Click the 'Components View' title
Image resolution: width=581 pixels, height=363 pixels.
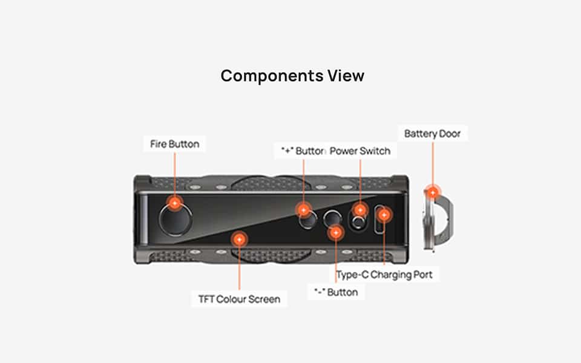292,76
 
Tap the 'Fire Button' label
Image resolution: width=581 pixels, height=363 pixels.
174,144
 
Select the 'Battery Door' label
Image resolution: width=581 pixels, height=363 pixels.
432,133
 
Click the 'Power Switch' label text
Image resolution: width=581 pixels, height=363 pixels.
360,151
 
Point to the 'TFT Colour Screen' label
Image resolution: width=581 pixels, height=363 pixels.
239,299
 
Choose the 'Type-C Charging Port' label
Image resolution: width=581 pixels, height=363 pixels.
385,275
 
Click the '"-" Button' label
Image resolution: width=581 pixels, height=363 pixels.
336,292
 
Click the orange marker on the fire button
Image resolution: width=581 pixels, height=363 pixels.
174,203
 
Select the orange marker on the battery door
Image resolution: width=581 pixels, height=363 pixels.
432,192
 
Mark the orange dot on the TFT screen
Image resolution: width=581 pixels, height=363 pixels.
239,240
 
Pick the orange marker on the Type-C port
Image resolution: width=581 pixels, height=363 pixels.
384,214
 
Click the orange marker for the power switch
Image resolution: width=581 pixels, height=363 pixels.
360,210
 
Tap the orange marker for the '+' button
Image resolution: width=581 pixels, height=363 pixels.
303,210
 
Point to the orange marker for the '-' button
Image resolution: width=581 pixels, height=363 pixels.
335,232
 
